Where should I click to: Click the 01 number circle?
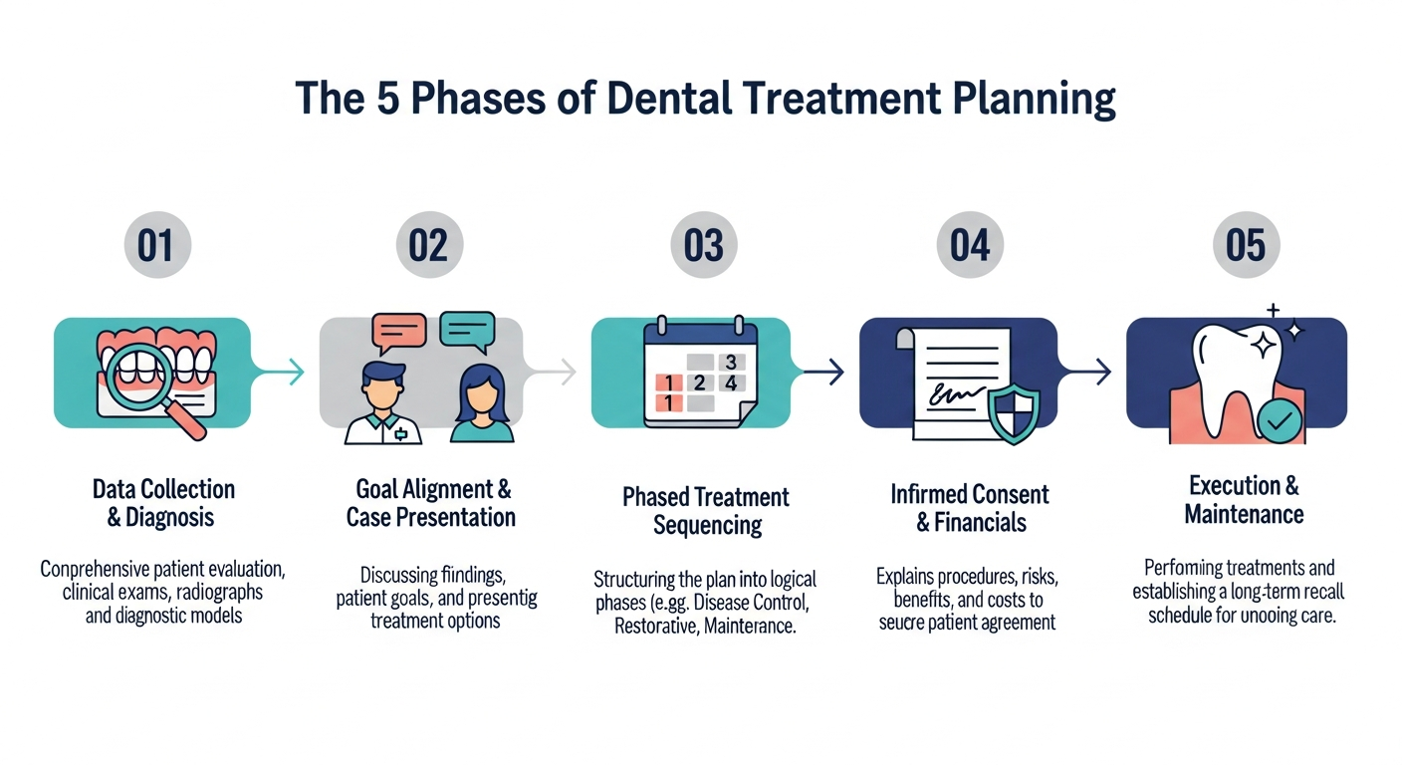coord(155,245)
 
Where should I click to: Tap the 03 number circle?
coord(703,245)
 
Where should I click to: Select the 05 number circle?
coord(1246,245)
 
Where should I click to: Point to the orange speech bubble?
coord(398,331)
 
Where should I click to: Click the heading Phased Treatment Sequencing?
coord(706,510)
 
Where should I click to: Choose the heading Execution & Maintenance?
coord(1244,500)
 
